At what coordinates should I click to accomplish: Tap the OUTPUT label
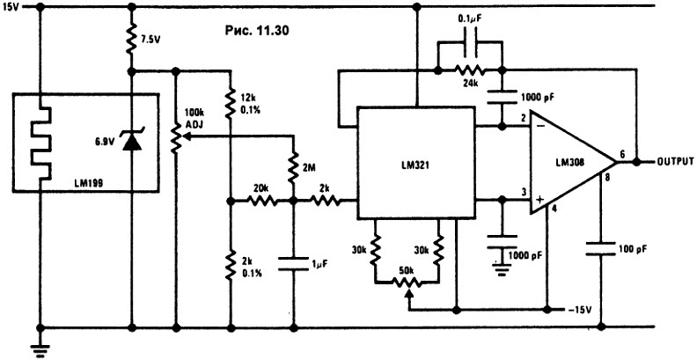coord(675,161)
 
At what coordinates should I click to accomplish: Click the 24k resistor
coord(469,70)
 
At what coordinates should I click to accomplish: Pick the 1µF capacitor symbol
coord(293,263)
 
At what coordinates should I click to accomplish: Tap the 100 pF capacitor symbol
coord(601,248)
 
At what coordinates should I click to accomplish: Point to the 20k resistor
coord(262,202)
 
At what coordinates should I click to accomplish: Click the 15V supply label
coord(10,8)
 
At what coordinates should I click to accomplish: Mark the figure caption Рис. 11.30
coord(257,30)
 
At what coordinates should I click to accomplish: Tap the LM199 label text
coord(90,181)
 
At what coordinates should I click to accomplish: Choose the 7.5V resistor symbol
coord(132,38)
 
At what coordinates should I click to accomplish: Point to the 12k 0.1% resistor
coord(231,102)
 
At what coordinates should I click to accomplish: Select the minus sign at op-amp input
coord(540,127)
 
